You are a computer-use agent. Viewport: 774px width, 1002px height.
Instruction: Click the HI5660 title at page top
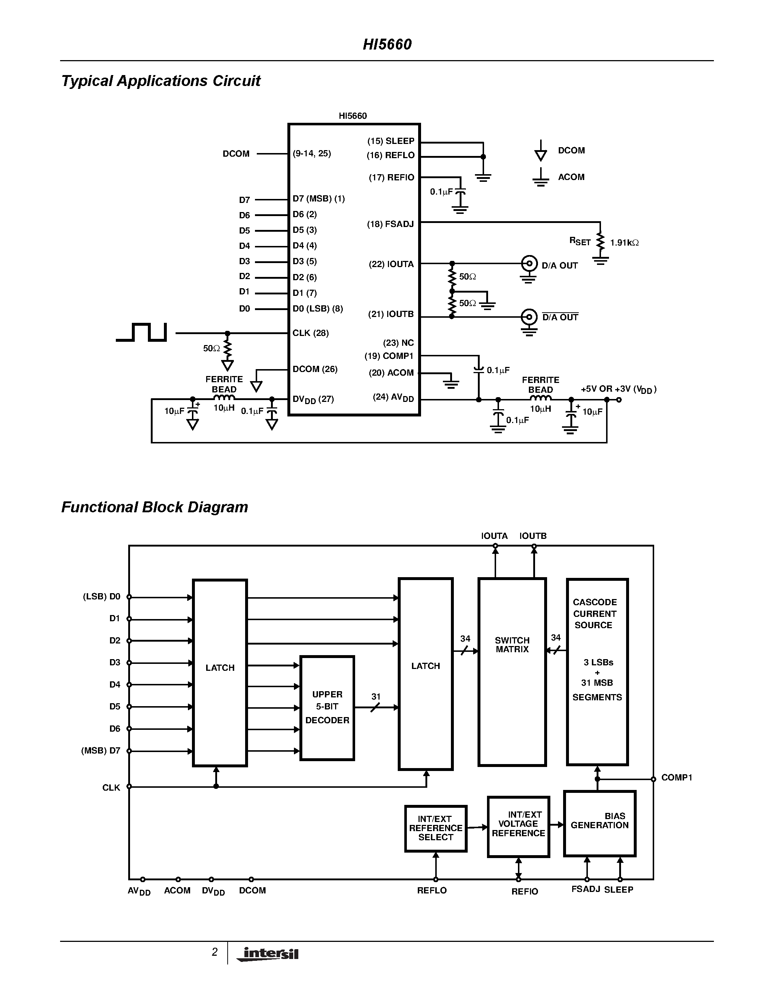click(x=387, y=44)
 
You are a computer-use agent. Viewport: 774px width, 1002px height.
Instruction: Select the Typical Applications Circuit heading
click(x=161, y=81)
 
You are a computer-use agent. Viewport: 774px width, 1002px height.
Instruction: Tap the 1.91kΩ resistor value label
click(x=624, y=243)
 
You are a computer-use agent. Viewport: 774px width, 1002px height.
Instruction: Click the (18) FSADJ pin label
click(x=390, y=224)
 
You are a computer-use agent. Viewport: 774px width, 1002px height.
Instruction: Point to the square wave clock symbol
click(x=142, y=332)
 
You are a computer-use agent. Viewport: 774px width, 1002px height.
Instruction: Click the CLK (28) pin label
click(x=310, y=333)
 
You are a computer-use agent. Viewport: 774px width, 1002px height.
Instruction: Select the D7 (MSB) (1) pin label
click(x=319, y=199)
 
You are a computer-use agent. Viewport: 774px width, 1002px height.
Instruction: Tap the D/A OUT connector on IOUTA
click(x=529, y=264)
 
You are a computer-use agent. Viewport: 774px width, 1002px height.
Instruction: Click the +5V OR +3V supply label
click(x=618, y=389)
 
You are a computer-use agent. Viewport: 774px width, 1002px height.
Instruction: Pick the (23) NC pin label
click(x=398, y=343)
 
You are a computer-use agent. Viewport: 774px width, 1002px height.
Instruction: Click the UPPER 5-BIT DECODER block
click(x=327, y=708)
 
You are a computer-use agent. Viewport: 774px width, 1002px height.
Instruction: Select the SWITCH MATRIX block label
click(x=512, y=645)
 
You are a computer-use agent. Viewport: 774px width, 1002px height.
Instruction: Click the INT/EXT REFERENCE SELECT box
click(x=436, y=828)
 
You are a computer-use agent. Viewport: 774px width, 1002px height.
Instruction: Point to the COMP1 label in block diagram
click(x=676, y=778)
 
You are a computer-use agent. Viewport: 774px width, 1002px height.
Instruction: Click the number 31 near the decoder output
click(x=376, y=696)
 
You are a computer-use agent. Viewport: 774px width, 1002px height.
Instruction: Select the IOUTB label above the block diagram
click(x=533, y=536)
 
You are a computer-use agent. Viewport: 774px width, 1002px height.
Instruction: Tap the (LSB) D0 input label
click(x=101, y=596)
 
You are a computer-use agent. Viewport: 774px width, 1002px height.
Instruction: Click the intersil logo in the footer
click(x=269, y=954)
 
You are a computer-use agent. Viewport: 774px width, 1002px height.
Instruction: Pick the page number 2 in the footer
click(x=214, y=952)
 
